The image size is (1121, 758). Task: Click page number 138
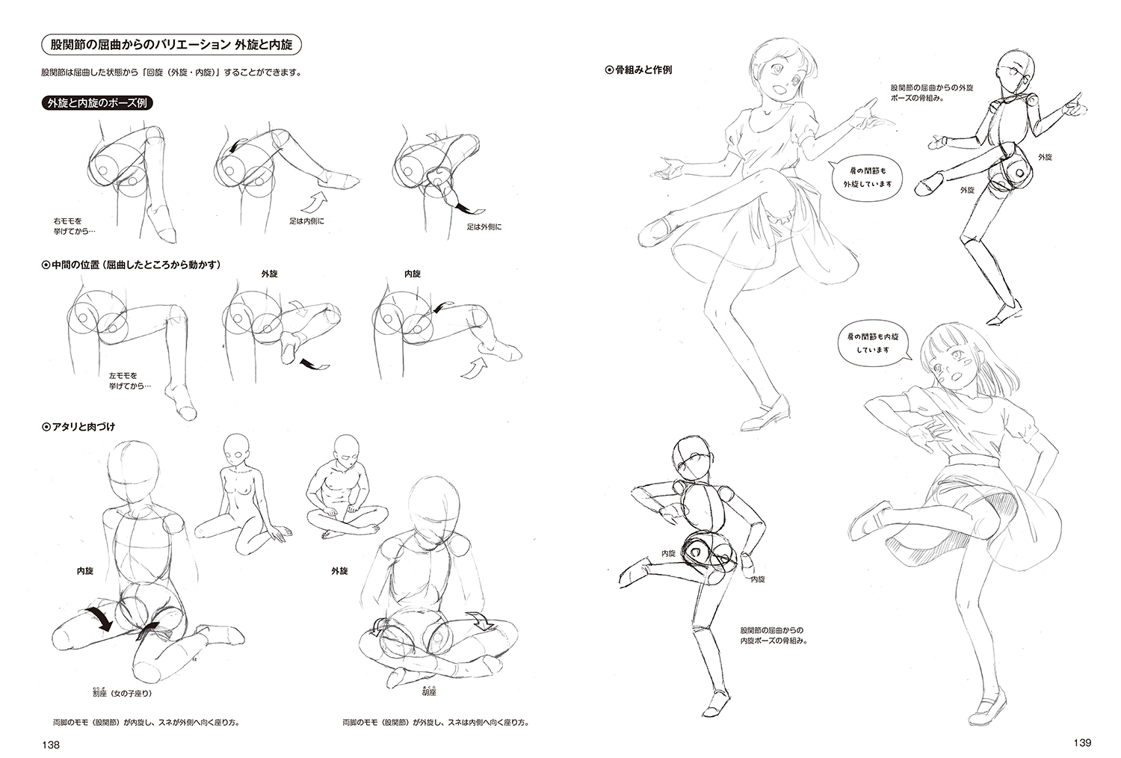click(x=51, y=745)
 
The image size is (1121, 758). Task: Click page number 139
click(x=1082, y=742)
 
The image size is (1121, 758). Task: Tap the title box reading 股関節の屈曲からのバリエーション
click(x=171, y=45)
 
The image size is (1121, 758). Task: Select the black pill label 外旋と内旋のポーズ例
click(x=97, y=103)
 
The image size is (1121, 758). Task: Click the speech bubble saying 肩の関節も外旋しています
click(x=867, y=177)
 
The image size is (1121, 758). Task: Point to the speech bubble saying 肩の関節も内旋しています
click(x=872, y=343)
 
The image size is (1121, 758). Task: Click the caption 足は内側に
click(x=306, y=221)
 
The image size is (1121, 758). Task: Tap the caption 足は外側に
click(x=484, y=227)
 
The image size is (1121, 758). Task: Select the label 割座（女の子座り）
click(x=122, y=693)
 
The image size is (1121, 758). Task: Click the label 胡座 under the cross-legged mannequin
click(x=430, y=691)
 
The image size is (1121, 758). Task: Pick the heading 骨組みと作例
click(x=638, y=70)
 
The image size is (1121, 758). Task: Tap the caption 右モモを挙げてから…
click(x=75, y=226)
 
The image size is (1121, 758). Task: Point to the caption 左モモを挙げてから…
click(x=130, y=380)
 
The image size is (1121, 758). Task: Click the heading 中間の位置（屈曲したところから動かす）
click(x=131, y=265)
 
